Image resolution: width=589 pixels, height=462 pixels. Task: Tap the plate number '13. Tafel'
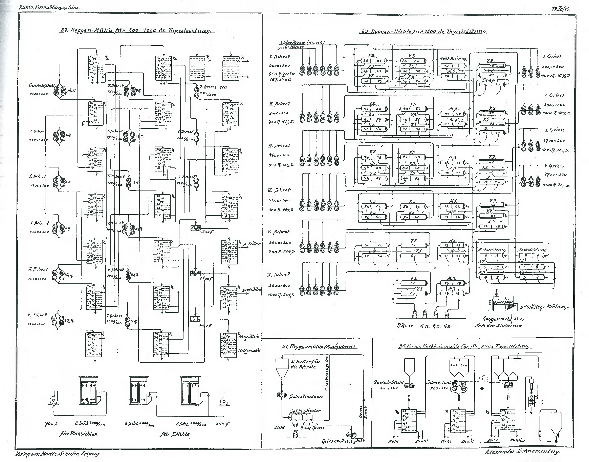pos(561,9)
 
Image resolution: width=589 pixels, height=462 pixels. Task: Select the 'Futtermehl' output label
pos(249,350)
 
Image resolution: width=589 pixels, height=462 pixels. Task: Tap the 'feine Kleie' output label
pos(248,336)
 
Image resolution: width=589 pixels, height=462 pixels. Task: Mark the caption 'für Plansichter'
pos(78,434)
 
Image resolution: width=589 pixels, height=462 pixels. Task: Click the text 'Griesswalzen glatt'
pos(343,441)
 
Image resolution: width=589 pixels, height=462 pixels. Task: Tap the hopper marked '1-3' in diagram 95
pos(454,365)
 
